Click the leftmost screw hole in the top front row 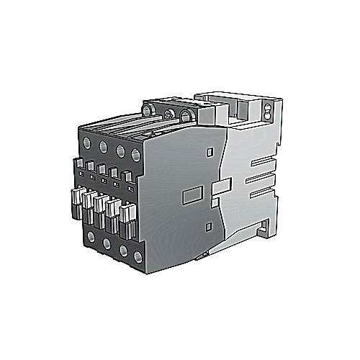(89, 137)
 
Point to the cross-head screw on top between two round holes (170, 113)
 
